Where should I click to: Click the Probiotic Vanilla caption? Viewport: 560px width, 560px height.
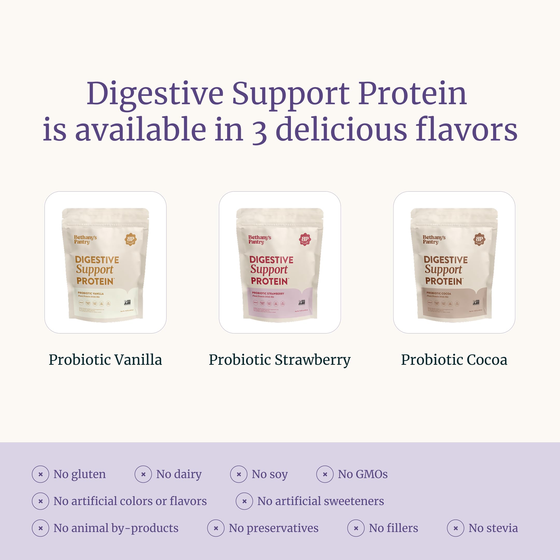tap(105, 360)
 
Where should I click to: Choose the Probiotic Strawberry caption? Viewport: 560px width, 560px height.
tap(280, 360)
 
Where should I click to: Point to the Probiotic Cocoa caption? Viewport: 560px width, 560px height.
tap(454, 360)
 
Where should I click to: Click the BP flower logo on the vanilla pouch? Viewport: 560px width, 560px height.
tap(131, 239)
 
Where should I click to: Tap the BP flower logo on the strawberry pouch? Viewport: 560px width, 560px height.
tap(305, 239)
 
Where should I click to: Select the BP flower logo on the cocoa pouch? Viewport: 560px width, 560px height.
tap(479, 239)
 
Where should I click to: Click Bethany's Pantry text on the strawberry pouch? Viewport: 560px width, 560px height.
tap(260, 239)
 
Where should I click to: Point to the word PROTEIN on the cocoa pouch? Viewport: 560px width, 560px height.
tap(444, 281)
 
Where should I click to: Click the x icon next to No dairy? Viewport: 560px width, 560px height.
tap(143, 474)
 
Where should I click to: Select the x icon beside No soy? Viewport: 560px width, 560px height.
tap(239, 474)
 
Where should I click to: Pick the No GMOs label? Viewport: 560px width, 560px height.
tap(362, 474)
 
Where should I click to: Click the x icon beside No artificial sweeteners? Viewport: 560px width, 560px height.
tap(244, 501)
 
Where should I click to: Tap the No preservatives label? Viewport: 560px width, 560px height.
tap(273, 528)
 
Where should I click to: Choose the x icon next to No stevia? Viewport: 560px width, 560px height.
tap(456, 528)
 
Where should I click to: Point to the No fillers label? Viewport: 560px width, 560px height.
tap(393, 528)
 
